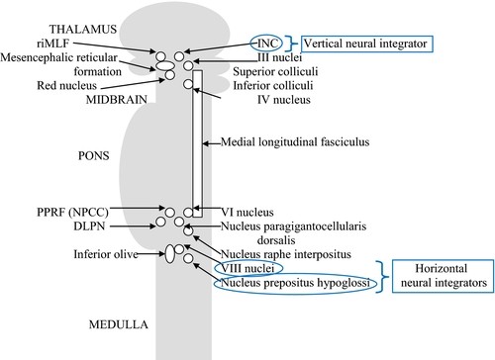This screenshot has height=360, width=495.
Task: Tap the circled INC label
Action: (263, 45)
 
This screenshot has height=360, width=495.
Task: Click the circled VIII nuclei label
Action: (247, 269)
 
